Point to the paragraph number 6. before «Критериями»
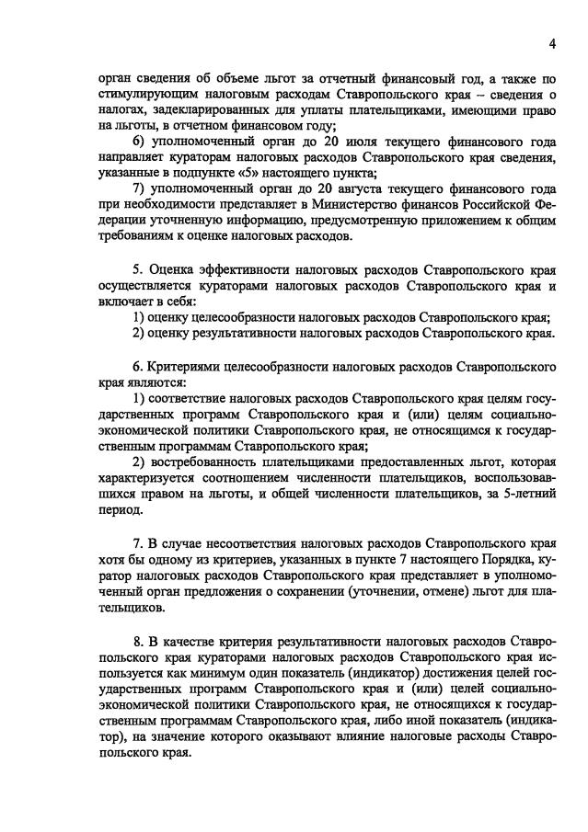tap(138, 365)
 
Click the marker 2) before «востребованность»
tap(141, 461)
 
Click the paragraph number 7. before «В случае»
tap(138, 556)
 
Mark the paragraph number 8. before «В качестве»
tap(138, 637)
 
